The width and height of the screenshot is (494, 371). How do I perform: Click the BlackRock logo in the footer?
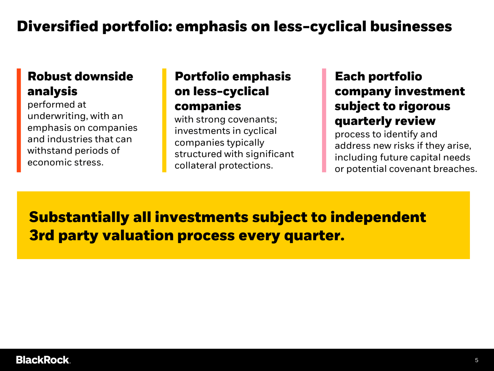[x=43, y=360]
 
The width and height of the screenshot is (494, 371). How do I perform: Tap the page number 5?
[x=477, y=360]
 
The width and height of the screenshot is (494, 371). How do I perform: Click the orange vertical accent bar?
[x=19, y=120]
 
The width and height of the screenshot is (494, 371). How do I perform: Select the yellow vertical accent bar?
[x=164, y=120]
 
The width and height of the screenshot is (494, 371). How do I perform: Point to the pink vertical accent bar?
[x=324, y=120]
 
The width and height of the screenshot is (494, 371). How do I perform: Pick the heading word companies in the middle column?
[x=208, y=106]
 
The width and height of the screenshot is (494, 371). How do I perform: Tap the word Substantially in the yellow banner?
[x=79, y=217]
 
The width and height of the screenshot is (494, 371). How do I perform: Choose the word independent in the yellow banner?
[x=378, y=217]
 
